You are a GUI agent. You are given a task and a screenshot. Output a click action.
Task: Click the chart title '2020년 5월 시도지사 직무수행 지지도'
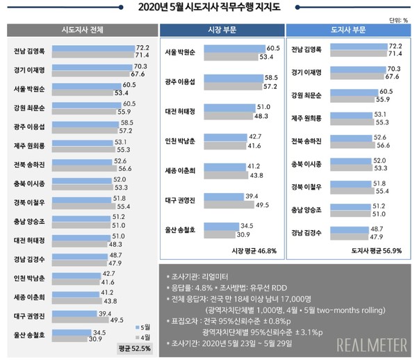pyautogui.click(x=208, y=8)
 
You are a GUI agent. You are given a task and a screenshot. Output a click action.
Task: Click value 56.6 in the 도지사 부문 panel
pyautogui.click(x=393, y=147)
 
